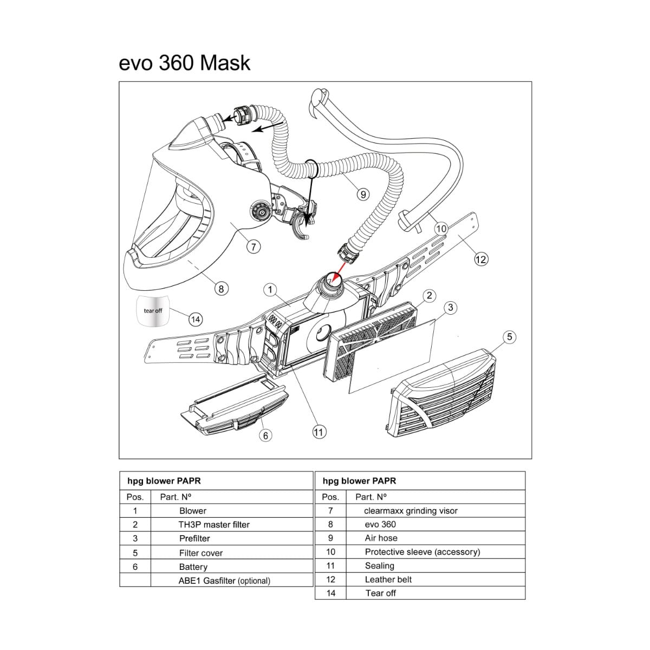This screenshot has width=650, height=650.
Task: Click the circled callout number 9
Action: [363, 194]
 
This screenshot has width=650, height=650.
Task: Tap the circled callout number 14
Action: [196, 320]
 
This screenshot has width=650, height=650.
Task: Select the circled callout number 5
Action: [509, 336]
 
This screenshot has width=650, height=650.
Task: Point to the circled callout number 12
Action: [481, 259]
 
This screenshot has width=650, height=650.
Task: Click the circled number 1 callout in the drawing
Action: [270, 290]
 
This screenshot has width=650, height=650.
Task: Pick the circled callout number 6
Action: [265, 435]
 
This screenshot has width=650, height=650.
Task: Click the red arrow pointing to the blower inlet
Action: [338, 273]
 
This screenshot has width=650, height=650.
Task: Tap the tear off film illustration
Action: [152, 311]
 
